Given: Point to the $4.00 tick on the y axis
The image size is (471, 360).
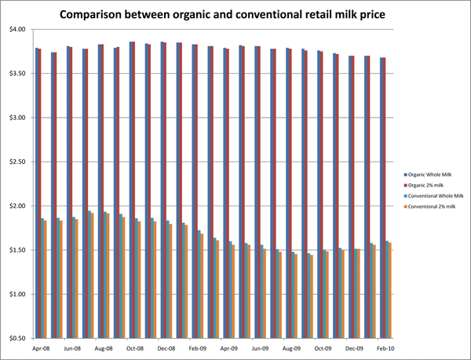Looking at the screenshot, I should pyautogui.click(x=16, y=30).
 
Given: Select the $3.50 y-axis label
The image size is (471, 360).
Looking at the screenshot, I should pyautogui.click(x=16, y=74).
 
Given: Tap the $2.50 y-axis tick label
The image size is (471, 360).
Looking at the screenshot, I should pyautogui.click(x=16, y=162).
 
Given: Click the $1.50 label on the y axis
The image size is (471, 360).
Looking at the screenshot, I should pyautogui.click(x=16, y=250).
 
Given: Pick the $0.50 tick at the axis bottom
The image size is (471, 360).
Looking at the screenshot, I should pyautogui.click(x=16, y=339).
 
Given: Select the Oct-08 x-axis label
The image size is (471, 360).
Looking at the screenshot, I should pyautogui.click(x=134, y=347).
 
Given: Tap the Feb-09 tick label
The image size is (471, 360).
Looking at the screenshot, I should pyautogui.click(x=198, y=347).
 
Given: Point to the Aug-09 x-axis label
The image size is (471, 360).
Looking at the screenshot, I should pyautogui.click(x=292, y=347).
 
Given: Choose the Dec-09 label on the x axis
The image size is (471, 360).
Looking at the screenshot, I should pyautogui.click(x=355, y=347).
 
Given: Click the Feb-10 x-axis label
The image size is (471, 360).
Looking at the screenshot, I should pyautogui.click(x=386, y=347).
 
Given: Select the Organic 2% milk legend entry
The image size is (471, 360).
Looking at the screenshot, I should pyautogui.click(x=430, y=184).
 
